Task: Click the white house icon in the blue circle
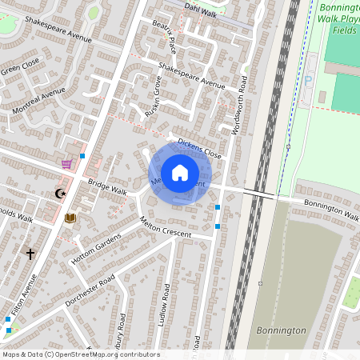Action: pyautogui.click(x=180, y=173)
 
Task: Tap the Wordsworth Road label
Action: pyautogui.click(x=238, y=105)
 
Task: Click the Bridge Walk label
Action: pyautogui.click(x=107, y=188)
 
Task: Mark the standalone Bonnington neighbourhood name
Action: pyautogui.click(x=282, y=330)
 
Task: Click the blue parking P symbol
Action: pyautogui.click(x=309, y=81)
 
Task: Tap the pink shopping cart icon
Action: pyautogui.click(x=66, y=164)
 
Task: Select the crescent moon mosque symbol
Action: pyautogui.click(x=58, y=193)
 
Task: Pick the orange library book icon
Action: pyautogui.click(x=70, y=218)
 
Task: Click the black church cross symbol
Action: pyautogui.click(x=30, y=254)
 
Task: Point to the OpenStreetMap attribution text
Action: pyautogui.click(x=80, y=354)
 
